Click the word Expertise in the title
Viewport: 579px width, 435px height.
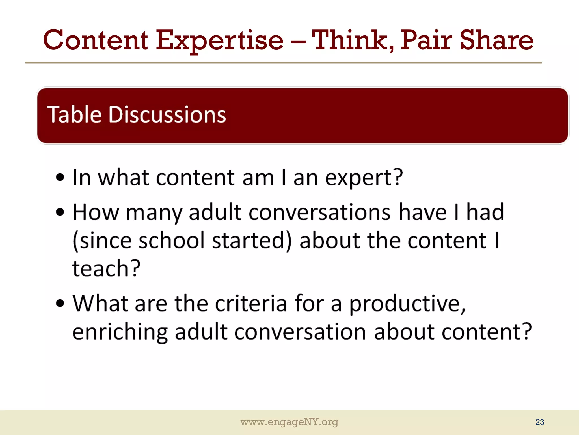[220, 40]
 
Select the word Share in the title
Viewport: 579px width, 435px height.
[497, 40]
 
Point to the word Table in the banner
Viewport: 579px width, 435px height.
[74, 114]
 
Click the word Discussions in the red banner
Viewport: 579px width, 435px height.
[167, 114]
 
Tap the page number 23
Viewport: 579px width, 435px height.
[539, 422]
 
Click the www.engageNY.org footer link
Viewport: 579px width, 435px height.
[289, 422]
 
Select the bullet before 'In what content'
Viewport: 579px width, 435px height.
[60, 178]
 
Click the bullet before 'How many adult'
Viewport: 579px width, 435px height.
[60, 212]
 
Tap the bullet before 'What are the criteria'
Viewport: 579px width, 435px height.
[60, 303]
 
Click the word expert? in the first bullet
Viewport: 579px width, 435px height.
[364, 178]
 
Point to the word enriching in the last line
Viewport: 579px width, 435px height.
[120, 332]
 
